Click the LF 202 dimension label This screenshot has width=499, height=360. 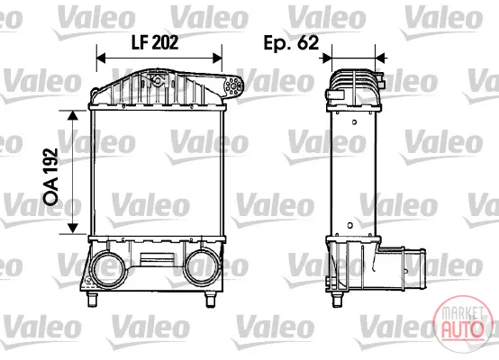pos(155,42)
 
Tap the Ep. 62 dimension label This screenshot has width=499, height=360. pos(291,43)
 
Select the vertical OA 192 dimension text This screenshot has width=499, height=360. pos(51,176)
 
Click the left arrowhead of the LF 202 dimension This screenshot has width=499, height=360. pos(101,58)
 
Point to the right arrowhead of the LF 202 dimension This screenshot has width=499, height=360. pos(218,58)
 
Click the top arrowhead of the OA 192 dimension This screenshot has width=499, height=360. pos(73,115)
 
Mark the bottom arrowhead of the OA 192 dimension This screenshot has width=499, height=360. pos(73,229)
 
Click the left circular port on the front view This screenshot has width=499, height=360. pos(107,266)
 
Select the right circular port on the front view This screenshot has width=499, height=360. pos(202,266)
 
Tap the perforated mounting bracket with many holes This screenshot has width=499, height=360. pos(234,85)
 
